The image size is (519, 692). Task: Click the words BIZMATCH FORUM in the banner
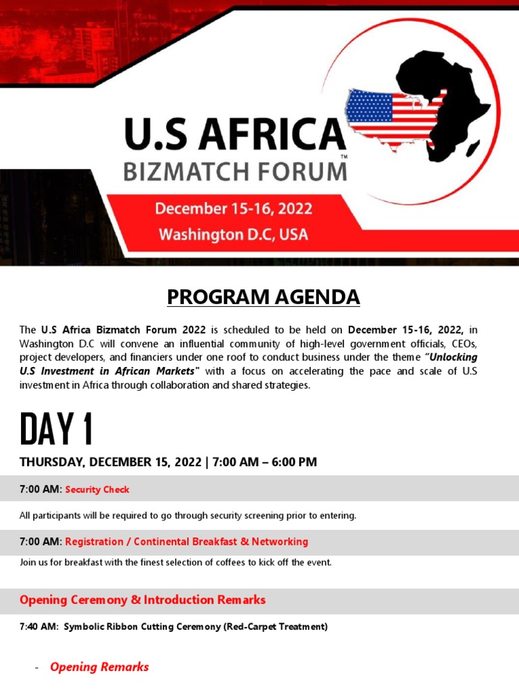pos(234,171)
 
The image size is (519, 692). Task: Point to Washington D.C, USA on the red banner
pos(233,234)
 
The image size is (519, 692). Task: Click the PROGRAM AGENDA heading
pos(264,297)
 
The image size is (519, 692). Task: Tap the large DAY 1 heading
pos(56,429)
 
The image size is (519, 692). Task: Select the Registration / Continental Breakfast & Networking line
pos(186,541)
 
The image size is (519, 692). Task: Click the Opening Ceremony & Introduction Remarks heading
pos(143,599)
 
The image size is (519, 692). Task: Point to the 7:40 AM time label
pos(39,626)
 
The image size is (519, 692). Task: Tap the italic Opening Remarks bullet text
pos(99,667)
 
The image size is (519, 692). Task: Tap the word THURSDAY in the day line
pos(51,462)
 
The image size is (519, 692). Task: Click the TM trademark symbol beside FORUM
pos(345,157)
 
